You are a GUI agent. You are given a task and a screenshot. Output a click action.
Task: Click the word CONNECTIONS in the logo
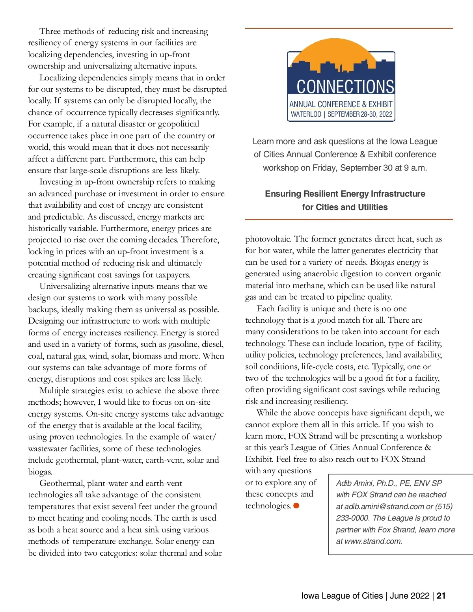click(345, 87)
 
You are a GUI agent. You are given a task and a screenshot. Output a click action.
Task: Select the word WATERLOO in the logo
click(306, 114)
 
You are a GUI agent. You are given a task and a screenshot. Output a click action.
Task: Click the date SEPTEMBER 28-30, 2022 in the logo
click(360, 114)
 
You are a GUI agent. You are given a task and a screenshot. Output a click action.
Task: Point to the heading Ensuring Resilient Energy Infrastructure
click(345, 194)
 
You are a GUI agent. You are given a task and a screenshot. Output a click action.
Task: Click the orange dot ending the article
click(296, 506)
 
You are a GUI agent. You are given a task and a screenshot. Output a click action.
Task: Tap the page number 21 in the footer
click(441, 595)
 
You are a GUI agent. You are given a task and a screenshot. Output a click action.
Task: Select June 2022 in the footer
click(410, 595)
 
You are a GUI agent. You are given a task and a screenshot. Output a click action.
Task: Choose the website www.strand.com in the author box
click(373, 541)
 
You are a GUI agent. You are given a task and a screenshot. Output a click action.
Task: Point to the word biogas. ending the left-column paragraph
click(40, 472)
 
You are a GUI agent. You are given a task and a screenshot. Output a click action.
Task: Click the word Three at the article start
click(50, 31)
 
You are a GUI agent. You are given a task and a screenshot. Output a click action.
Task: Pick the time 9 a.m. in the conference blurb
click(415, 167)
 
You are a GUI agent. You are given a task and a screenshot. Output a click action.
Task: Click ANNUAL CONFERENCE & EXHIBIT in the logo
click(341, 104)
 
